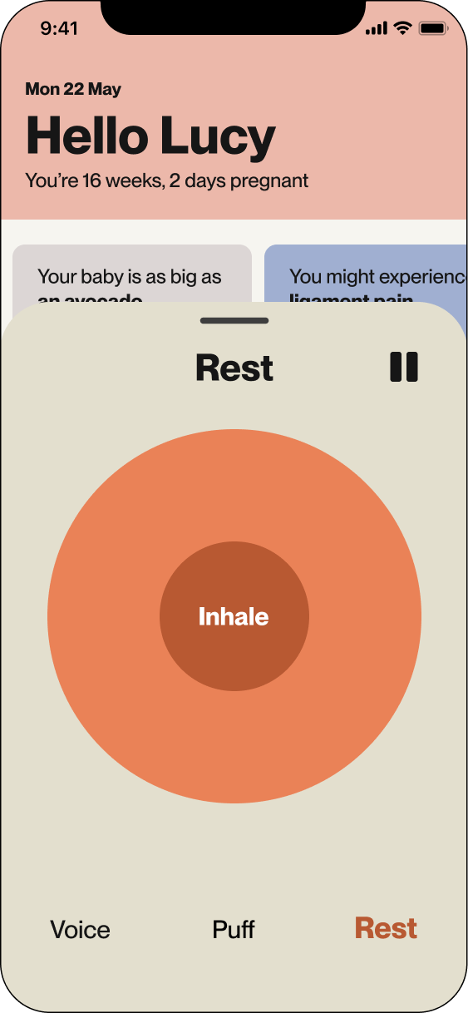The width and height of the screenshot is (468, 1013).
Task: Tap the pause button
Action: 404,367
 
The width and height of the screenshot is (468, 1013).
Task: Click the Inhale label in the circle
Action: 234,617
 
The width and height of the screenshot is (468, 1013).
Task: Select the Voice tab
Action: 80,929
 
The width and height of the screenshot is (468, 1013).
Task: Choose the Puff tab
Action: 234,929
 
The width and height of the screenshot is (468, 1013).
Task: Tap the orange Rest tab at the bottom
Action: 386,928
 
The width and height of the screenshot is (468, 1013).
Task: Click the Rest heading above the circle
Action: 234,368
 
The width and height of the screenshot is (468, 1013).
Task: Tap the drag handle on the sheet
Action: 234,320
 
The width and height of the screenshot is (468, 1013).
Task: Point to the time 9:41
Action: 59,28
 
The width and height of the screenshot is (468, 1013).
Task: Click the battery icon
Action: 433,28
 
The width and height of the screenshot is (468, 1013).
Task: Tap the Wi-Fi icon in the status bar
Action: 403,28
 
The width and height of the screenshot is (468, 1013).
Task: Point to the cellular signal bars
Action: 377,29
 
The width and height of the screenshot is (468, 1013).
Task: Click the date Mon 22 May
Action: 73,89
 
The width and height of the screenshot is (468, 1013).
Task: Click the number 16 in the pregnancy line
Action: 92,180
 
